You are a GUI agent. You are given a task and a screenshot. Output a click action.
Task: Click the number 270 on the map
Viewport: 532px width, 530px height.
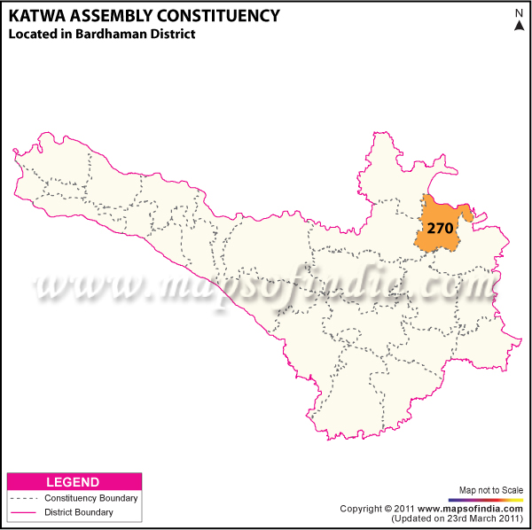tap(440, 228)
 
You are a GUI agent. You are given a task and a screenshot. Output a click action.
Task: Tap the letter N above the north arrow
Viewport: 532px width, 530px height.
tap(520, 12)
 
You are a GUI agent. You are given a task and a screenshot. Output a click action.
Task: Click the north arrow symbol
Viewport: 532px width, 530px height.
tap(520, 25)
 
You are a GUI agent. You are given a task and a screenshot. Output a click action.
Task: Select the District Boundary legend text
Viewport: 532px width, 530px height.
tap(78, 512)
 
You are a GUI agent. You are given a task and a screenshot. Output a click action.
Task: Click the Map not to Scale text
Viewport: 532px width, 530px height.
tap(490, 490)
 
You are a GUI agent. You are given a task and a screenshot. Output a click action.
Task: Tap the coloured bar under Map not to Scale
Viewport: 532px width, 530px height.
tap(490, 500)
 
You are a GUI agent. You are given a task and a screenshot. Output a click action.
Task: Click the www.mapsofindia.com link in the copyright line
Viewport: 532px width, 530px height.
tap(474, 509)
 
